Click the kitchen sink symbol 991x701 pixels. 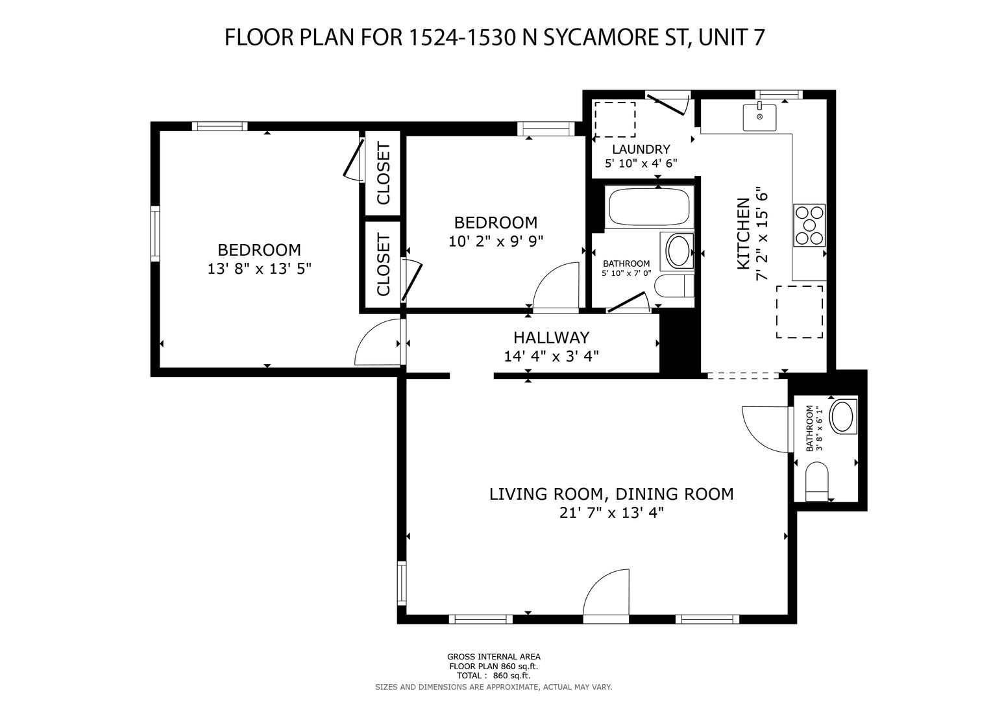[x=759, y=117]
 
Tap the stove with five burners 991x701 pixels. [x=810, y=225]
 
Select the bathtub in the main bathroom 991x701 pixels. [x=649, y=207]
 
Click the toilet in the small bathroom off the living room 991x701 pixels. [x=816, y=482]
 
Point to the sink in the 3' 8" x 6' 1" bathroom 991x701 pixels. [x=843, y=417]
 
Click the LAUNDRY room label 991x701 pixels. [x=641, y=149]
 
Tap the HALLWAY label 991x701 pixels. [x=551, y=338]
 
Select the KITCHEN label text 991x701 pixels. [x=744, y=233]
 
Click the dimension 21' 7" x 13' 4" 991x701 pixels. [x=611, y=513]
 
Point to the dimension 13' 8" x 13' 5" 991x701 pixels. [x=259, y=269]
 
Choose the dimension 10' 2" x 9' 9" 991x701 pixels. [x=496, y=241]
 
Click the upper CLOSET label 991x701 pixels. [x=383, y=173]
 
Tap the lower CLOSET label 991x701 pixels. [x=383, y=265]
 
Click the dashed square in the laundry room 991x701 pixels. [x=615, y=119]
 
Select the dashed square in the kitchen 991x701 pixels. [x=800, y=312]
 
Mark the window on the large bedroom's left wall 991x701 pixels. [x=155, y=233]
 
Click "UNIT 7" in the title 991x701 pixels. [x=731, y=37]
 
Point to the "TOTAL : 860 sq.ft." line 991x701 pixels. [x=494, y=675]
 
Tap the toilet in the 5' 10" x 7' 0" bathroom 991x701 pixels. [x=674, y=286]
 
